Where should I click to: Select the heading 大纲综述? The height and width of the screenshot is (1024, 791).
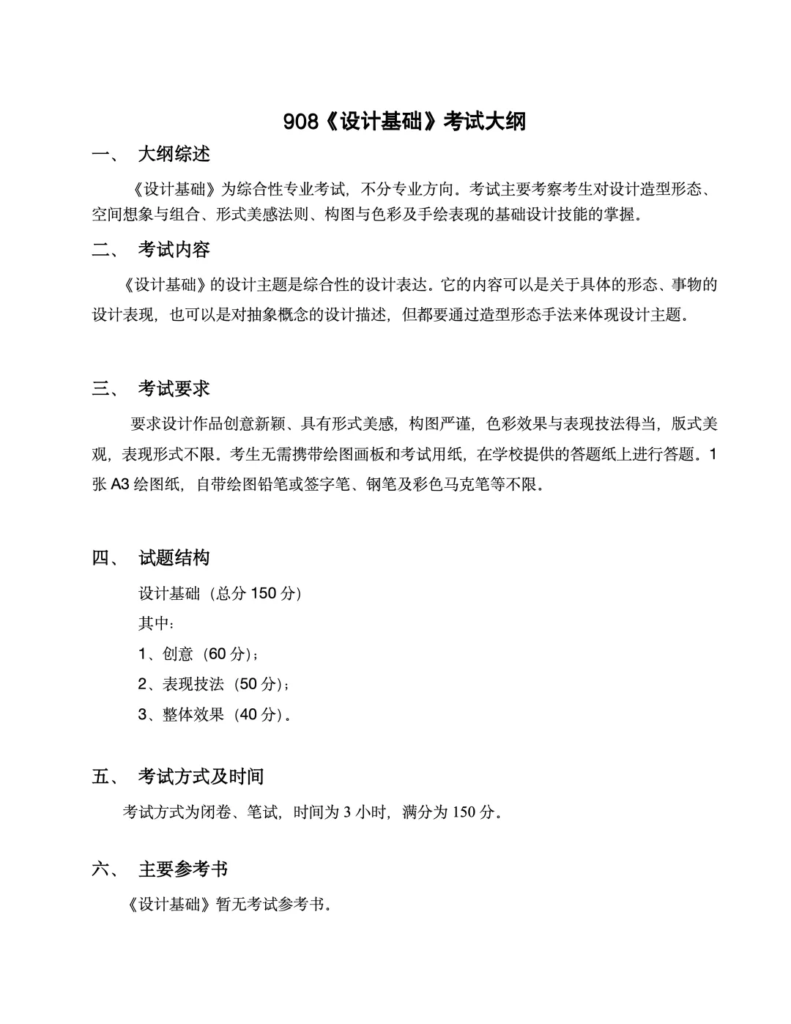(x=174, y=154)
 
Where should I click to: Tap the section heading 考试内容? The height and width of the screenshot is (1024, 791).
(x=174, y=250)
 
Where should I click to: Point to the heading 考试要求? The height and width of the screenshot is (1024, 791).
(x=174, y=389)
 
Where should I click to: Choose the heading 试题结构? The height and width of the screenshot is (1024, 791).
(x=174, y=558)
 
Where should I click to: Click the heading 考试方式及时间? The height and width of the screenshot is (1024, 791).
(x=201, y=776)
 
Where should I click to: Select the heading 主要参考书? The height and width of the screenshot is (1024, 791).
(x=183, y=869)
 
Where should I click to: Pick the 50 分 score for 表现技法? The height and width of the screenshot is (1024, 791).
(x=258, y=684)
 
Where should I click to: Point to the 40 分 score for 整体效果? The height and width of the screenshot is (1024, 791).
(x=258, y=715)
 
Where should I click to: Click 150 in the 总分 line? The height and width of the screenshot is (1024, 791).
(x=264, y=593)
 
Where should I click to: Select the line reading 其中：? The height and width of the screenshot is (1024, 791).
(x=156, y=623)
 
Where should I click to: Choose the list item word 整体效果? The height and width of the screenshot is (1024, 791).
(x=193, y=715)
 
